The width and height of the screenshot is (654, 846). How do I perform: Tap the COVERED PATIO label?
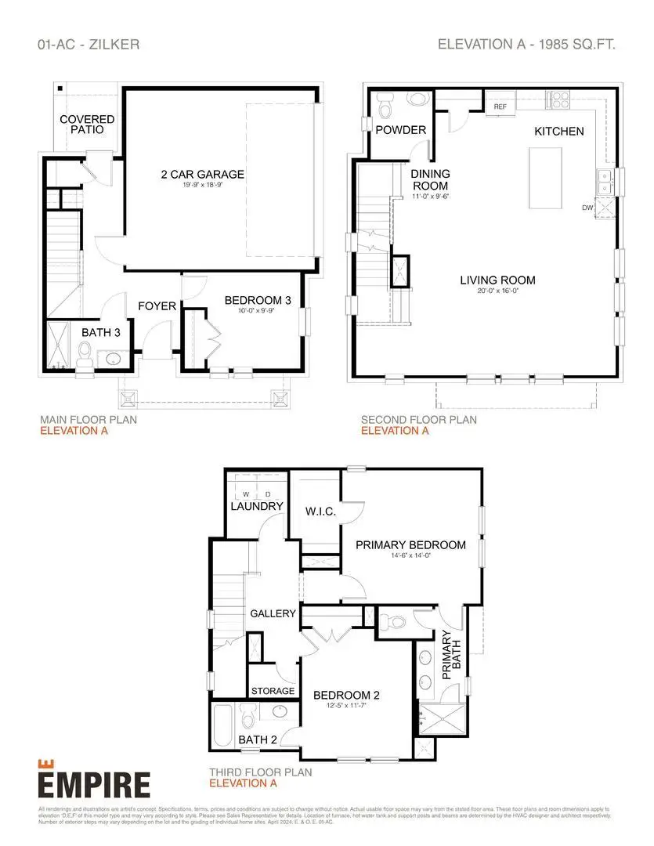pyautogui.click(x=87, y=125)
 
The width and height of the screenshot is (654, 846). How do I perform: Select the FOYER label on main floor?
pyautogui.click(x=157, y=305)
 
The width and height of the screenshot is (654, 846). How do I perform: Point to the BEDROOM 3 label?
pyautogui.click(x=258, y=301)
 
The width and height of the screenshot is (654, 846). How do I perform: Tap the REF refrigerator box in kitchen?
pyautogui.click(x=500, y=105)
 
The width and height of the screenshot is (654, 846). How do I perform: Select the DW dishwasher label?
pyautogui.click(x=587, y=208)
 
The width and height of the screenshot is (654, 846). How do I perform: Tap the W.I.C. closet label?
pyautogui.click(x=320, y=512)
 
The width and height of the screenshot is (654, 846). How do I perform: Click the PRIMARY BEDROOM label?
pyautogui.click(x=410, y=545)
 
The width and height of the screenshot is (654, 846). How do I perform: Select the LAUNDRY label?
pyautogui.click(x=257, y=507)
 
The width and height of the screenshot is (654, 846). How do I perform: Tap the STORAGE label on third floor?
pyautogui.click(x=273, y=691)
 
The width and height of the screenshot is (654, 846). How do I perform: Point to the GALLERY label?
pyautogui.click(x=273, y=613)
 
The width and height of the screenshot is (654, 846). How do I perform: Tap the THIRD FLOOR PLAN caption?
pyautogui.click(x=260, y=772)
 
